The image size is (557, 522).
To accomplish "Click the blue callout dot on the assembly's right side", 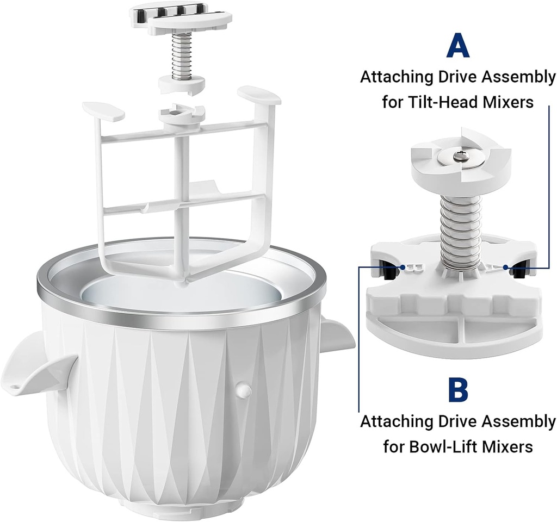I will pyautogui.click(x=506, y=266).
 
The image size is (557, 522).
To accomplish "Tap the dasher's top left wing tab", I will pyautogui.click(x=103, y=110).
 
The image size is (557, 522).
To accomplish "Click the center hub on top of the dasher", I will pyautogui.click(x=181, y=115).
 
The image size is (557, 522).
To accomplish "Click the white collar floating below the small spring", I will pyautogui.click(x=181, y=85).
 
